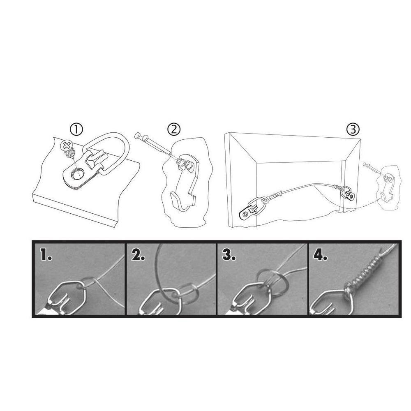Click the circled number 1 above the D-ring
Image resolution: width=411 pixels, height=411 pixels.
click(76, 130)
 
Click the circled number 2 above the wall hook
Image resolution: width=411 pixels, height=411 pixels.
click(173, 129)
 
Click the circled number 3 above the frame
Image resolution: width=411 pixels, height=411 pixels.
click(353, 129)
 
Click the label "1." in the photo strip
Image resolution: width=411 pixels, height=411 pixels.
click(46, 256)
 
